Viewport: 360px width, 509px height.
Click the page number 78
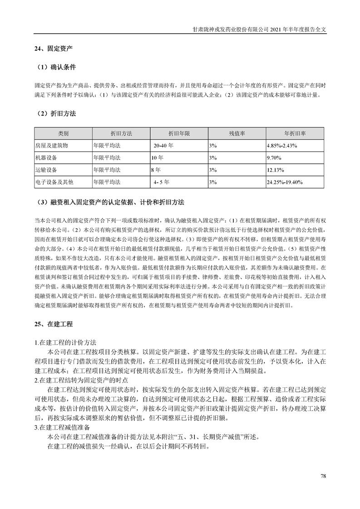[x=323, y=476]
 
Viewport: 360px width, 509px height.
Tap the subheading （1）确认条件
[x=56, y=67]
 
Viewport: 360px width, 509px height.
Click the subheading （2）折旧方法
[x=56, y=114]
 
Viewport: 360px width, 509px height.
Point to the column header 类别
[x=63, y=134]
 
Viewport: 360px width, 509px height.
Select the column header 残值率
[x=237, y=134]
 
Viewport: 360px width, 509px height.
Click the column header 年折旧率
[x=295, y=134]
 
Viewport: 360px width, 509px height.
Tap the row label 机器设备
[x=47, y=158]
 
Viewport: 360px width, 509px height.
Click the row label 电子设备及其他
[x=54, y=182]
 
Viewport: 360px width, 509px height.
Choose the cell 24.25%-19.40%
[x=285, y=182]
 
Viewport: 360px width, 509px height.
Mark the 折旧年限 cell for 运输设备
[x=156, y=170]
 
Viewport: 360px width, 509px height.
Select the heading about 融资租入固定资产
[x=111, y=202]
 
